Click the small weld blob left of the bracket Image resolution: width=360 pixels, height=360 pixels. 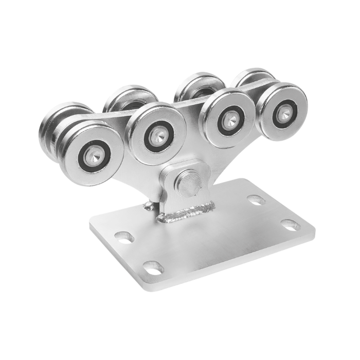[x=148, y=205]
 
